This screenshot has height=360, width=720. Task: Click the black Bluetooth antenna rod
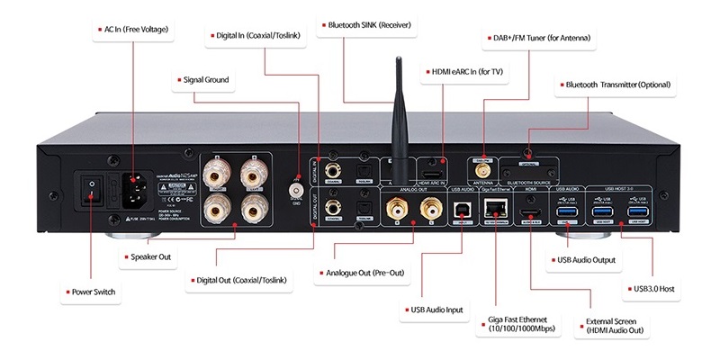393,108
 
